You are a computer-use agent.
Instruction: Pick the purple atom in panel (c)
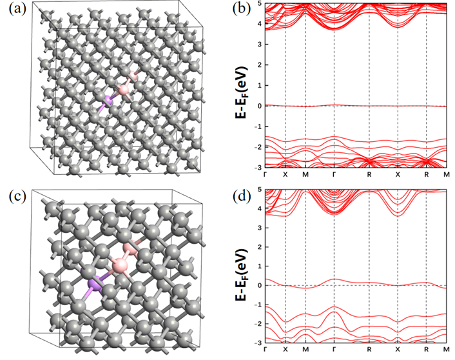pyautogui.click(x=95, y=286)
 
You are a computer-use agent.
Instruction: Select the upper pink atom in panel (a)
pyautogui.click(x=134, y=77)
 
